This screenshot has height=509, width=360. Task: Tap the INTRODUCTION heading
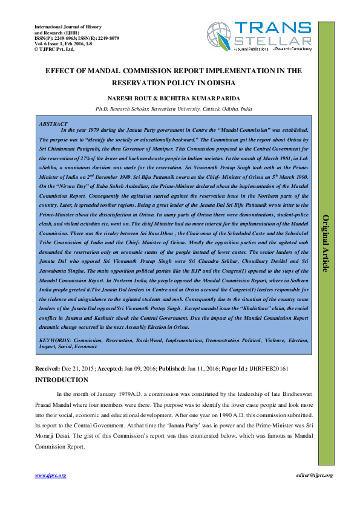click(x=62, y=380)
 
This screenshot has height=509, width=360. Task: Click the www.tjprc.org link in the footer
click(x=50, y=476)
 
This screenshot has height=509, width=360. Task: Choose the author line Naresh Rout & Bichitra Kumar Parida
click(x=178, y=98)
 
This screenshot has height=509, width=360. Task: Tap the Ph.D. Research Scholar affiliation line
click(x=178, y=109)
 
